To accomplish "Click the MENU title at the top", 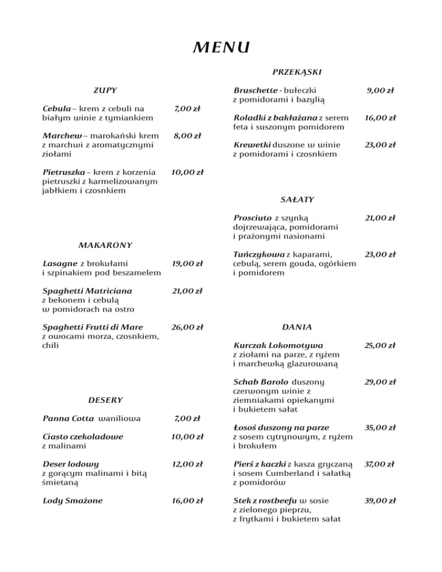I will click(221, 46).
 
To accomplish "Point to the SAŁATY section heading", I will click(297, 199).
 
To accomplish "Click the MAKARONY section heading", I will click(105, 245).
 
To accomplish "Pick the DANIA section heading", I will click(297, 327).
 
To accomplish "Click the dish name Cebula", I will click(56, 108).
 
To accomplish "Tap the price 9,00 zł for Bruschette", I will click(380, 90).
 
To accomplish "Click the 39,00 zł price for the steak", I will click(380, 500).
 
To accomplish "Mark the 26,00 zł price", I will click(187, 327).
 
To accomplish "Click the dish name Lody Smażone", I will click(73, 500).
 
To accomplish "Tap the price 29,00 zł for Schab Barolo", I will click(380, 382).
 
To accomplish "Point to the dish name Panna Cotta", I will click(68, 417).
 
